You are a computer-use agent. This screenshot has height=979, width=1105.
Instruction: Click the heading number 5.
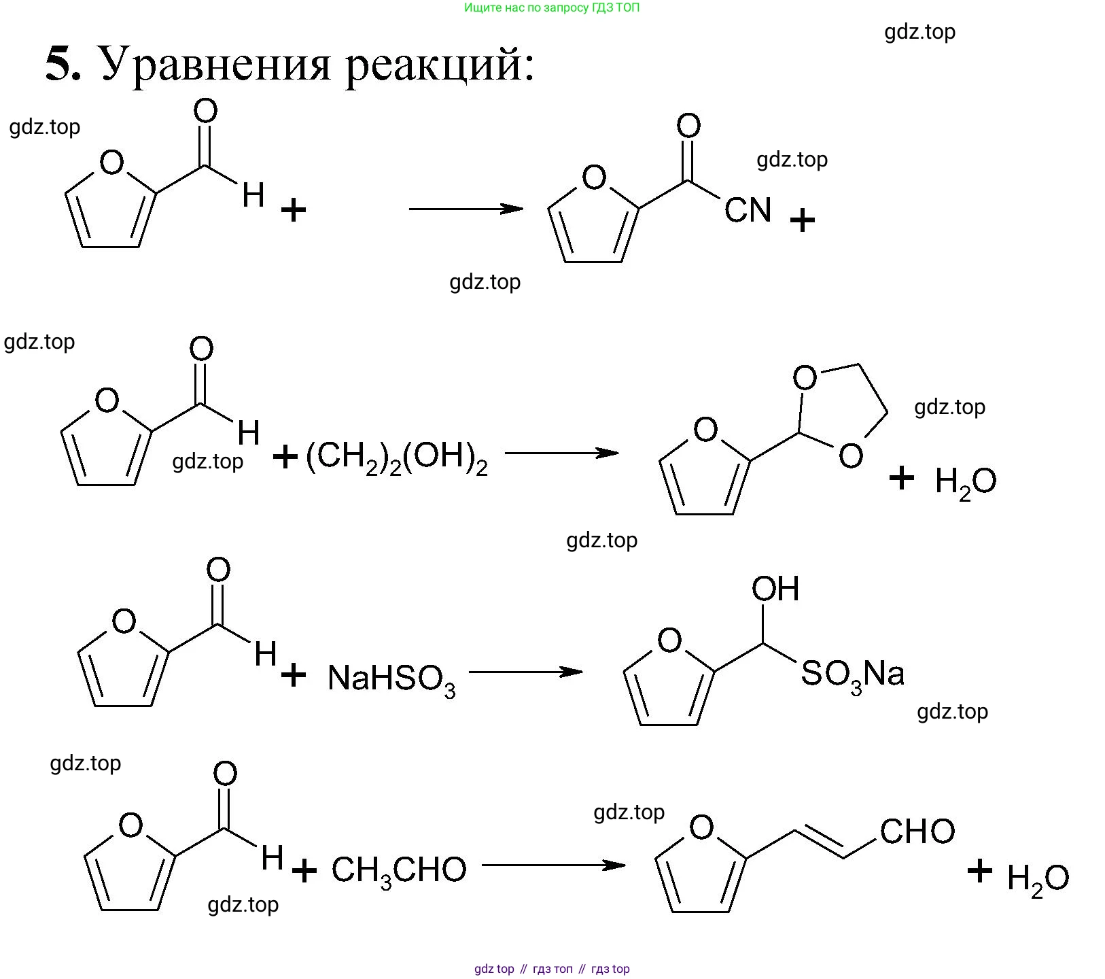point(63,64)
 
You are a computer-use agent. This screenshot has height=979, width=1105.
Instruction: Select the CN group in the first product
point(748,210)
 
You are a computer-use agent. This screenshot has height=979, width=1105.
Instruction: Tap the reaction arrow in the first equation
point(466,209)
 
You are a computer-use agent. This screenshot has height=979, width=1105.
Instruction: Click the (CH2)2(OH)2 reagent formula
point(396,458)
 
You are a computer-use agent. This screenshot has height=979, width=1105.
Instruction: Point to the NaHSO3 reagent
point(391,679)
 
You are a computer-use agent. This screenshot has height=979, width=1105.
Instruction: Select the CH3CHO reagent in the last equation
point(399,871)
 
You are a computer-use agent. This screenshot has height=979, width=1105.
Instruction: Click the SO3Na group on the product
point(852,675)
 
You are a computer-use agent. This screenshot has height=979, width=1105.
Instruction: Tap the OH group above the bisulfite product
point(775,589)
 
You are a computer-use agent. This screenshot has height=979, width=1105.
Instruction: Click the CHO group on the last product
point(917,831)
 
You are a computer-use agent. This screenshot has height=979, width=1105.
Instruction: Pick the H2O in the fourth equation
point(1037,879)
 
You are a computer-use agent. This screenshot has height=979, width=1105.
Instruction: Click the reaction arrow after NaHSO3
point(525,672)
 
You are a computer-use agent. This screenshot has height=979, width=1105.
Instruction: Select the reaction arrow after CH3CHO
point(553,865)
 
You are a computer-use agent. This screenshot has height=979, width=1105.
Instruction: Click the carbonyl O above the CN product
point(688,126)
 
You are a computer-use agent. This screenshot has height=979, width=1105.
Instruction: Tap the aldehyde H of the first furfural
point(253,195)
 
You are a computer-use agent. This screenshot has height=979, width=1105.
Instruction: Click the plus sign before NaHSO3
point(293,675)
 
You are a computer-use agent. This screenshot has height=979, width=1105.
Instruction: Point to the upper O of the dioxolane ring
point(805,377)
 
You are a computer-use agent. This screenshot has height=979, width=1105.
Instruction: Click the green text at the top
point(552,8)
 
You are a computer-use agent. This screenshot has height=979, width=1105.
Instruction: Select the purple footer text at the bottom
point(552,969)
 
